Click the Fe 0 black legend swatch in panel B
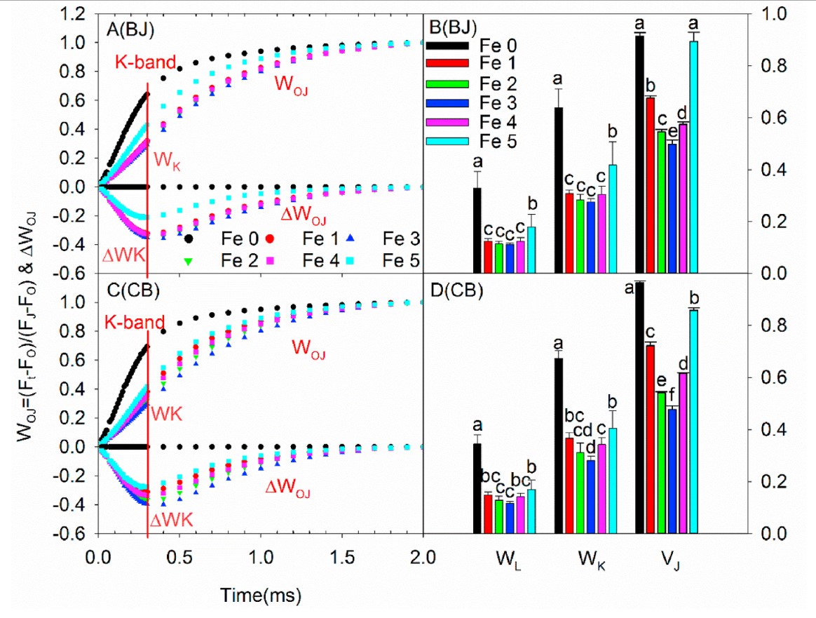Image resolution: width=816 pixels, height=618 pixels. (449, 46)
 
